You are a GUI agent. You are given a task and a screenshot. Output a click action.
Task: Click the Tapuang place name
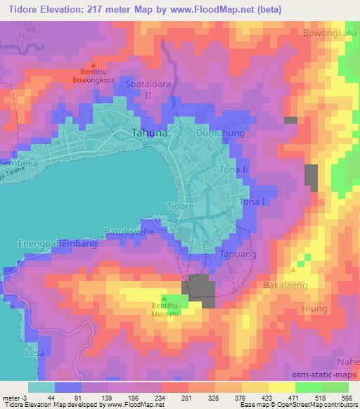tap(233, 253)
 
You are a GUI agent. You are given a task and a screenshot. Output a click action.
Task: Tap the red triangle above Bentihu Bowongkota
tap(93, 65)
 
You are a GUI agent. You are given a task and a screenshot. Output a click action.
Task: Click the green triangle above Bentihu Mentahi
tap(165, 299)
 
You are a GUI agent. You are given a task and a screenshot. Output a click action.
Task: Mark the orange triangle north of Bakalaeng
tap(293, 270)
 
